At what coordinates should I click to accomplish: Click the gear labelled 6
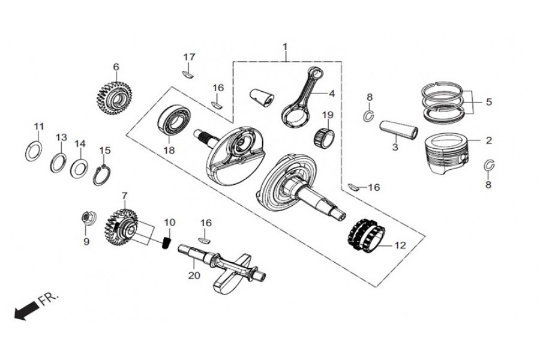click(x=114, y=96)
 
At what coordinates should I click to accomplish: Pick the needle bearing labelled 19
click(x=325, y=135)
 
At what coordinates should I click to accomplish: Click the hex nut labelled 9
click(x=86, y=217)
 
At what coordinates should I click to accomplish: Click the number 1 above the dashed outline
click(x=285, y=47)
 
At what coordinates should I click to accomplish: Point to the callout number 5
click(x=488, y=102)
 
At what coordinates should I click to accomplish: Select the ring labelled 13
click(x=59, y=161)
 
